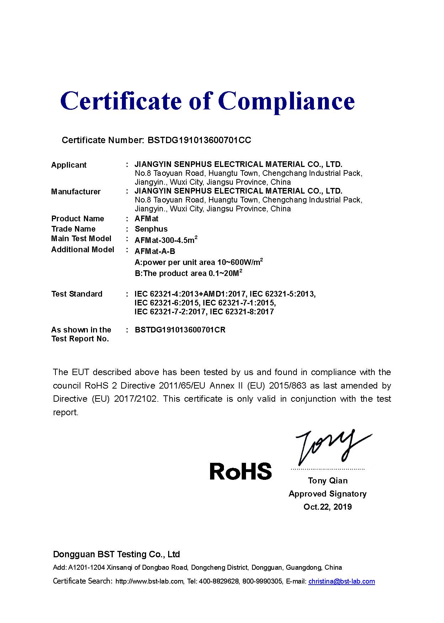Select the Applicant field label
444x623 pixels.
pyautogui.click(x=69, y=165)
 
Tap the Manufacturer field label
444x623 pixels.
pyautogui.click(x=76, y=192)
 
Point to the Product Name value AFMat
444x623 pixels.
pyautogui.click(x=146, y=218)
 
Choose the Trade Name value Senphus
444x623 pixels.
pyautogui.click(x=151, y=229)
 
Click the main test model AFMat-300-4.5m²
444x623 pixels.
pyautogui.click(x=166, y=240)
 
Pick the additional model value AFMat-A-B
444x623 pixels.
pyautogui.click(x=155, y=251)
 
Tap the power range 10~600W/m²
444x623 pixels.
pyautogui.click(x=240, y=262)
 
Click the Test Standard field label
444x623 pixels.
pyautogui.click(x=77, y=294)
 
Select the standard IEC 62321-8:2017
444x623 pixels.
pyautogui.click(x=242, y=312)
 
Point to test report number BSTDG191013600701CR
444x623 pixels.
pyautogui.click(x=180, y=330)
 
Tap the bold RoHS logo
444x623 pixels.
pyautogui.click(x=241, y=471)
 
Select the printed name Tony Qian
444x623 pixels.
pyautogui.click(x=328, y=481)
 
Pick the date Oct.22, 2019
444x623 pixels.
pyautogui.click(x=327, y=507)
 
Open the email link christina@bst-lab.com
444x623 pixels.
pyautogui.click(x=341, y=581)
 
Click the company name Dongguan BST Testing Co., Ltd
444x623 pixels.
pyautogui.click(x=116, y=554)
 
